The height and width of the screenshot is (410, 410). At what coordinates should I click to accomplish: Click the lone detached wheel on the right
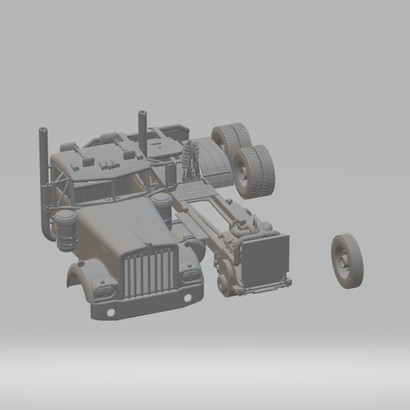346,261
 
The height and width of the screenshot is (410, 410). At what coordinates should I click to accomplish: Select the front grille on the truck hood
149,272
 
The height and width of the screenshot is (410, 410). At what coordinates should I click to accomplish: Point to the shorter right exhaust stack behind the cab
144,127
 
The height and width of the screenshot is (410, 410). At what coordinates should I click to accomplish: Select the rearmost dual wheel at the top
230,140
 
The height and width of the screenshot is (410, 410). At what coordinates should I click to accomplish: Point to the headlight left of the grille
104,291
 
